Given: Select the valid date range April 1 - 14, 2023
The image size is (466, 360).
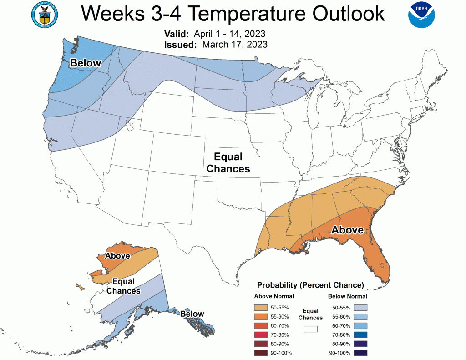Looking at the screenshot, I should [x=229, y=35].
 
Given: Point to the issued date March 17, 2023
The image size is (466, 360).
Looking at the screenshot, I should [x=235, y=45].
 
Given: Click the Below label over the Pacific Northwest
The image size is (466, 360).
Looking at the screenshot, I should [x=85, y=63].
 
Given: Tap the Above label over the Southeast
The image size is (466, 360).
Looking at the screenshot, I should [x=347, y=230].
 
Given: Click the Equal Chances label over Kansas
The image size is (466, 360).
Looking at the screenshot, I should [x=228, y=163].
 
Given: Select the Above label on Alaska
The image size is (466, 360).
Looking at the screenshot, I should [x=117, y=256].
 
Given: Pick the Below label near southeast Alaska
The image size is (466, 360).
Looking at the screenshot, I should [x=192, y=314].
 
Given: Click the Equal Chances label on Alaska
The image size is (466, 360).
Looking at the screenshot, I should [x=123, y=286].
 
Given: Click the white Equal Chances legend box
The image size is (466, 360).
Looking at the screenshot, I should [x=310, y=328].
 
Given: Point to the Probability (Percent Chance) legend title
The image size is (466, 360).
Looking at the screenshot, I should [x=310, y=285].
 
